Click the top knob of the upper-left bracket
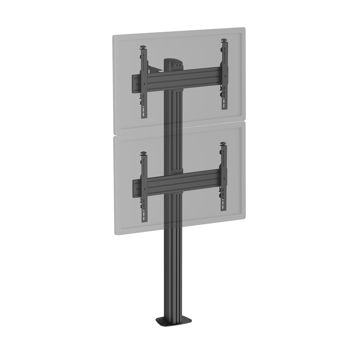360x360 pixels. [144, 47]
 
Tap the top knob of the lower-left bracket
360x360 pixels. [144, 154]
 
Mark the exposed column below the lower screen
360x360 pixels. [173, 270]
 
